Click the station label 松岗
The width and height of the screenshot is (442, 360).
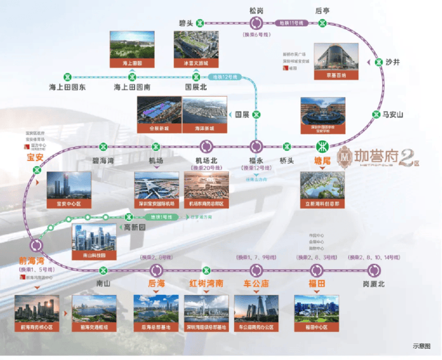[x=256, y=10]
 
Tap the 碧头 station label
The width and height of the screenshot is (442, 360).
[x=186, y=23]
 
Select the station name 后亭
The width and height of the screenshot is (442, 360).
[x=323, y=10]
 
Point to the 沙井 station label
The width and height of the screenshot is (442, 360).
[x=394, y=61]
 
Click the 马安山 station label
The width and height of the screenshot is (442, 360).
[x=394, y=115]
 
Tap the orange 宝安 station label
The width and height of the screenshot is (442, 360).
[x=35, y=158]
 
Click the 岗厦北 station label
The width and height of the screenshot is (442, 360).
[x=375, y=284]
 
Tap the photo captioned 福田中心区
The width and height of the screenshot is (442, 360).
[x=316, y=310]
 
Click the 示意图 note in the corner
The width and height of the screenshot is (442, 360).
[x=420, y=346]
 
